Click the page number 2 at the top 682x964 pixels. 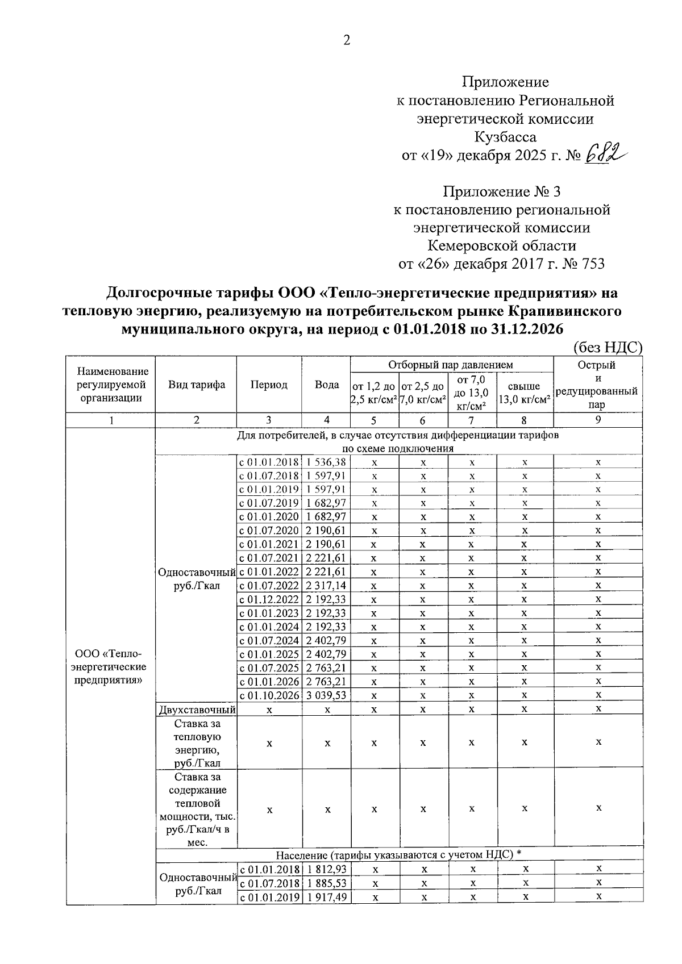click(x=347, y=40)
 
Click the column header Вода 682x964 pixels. click(x=326, y=385)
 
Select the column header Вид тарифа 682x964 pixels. click(x=196, y=385)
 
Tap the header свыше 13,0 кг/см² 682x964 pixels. click(x=524, y=392)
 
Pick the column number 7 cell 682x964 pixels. click(x=471, y=420)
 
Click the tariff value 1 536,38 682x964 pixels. click(x=326, y=462)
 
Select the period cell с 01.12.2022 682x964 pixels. click(x=269, y=599)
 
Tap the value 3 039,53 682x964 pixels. click(x=326, y=695)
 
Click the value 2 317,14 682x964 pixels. click(x=326, y=586)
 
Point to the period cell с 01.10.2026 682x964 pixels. click(x=269, y=695)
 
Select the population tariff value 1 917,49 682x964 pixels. click(x=326, y=897)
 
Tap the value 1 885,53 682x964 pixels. click(x=326, y=883)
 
